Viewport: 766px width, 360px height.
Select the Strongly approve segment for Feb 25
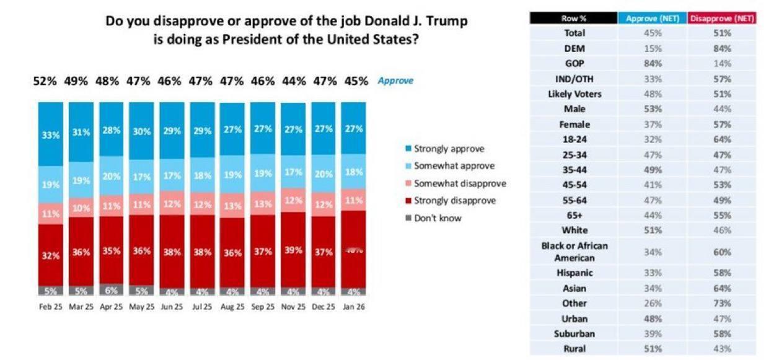tap(50, 134)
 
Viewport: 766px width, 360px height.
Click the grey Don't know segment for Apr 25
tap(111, 290)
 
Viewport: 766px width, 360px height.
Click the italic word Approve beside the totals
tap(395, 81)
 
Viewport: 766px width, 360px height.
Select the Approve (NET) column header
tap(653, 19)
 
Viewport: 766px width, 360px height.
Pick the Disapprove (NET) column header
tap(722, 19)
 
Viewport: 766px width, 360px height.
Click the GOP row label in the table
tap(574, 63)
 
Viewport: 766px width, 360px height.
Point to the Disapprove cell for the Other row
tap(722, 303)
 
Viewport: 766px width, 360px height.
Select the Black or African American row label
tap(574, 252)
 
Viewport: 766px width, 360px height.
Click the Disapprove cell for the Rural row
tap(722, 348)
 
